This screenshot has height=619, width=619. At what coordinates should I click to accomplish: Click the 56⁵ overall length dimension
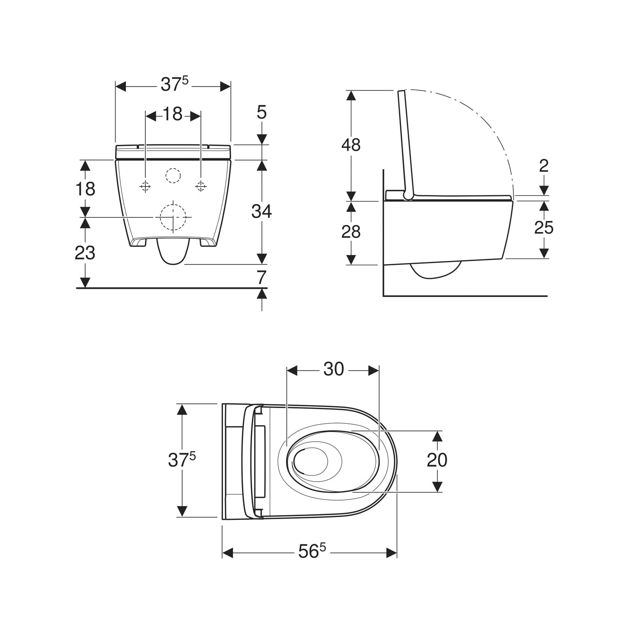coord(309,552)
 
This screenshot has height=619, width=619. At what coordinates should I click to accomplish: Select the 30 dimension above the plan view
coord(333,369)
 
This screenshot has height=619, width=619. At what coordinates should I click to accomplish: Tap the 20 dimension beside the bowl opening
coord(437,460)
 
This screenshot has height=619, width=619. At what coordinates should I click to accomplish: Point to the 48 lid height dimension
coord(351,145)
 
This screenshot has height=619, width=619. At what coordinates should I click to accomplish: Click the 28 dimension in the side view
coord(351,232)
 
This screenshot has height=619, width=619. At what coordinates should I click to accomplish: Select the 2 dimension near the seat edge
coord(544,166)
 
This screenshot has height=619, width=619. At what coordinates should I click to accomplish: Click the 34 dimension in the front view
coord(262,211)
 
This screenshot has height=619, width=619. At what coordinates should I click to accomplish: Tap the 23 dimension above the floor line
coord(85,253)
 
